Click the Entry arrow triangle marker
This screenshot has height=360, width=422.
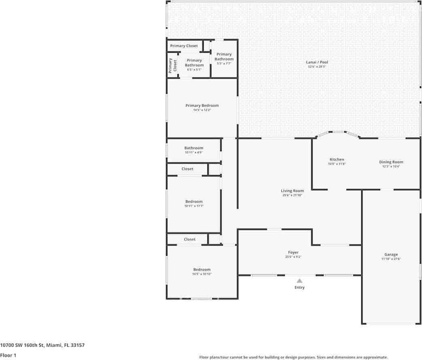tap(299, 281)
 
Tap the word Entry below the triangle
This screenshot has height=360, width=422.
tap(299, 287)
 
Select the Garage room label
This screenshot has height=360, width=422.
tap(391, 255)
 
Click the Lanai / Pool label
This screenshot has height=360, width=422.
tap(317, 62)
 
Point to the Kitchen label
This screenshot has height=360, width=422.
tap(337, 159)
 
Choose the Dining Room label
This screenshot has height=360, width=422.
tap(391, 162)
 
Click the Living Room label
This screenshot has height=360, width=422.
tap(292, 191)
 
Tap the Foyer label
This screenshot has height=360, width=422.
tap(293, 252)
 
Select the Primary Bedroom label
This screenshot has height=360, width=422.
tap(202, 105)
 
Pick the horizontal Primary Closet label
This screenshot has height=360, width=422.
tap(184, 46)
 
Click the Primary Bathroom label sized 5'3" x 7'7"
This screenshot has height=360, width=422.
tap(224, 56)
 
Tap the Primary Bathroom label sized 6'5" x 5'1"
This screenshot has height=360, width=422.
tap(194, 62)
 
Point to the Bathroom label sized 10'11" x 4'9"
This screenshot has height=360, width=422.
tap(194, 148)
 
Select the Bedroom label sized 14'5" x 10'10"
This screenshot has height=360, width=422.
tap(202, 270)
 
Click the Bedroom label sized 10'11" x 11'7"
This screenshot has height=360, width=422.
tap(194, 201)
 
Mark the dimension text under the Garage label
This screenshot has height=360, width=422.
tap(391, 259)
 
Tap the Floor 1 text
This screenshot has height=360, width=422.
tap(8, 355)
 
